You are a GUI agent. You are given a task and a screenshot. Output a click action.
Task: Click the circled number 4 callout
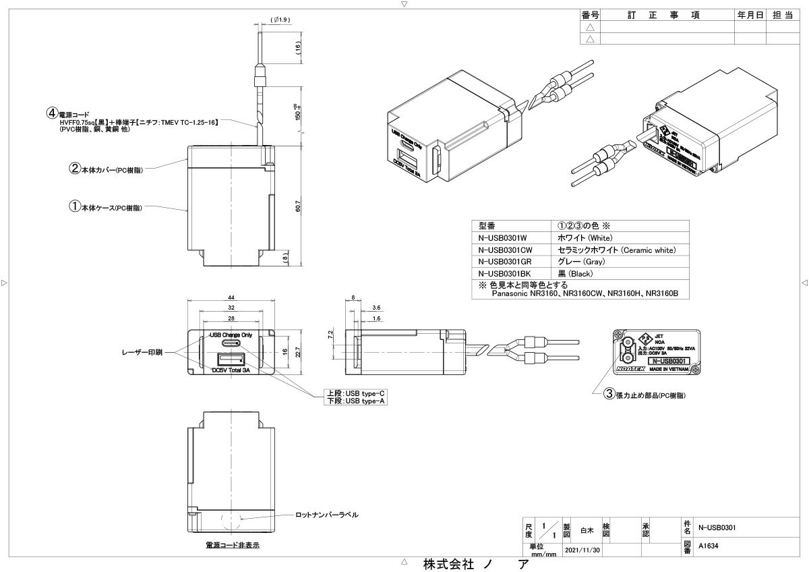click(50, 113)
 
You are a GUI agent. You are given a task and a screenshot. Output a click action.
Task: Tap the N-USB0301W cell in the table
click(502, 237)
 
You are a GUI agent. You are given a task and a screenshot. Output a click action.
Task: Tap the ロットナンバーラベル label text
click(327, 515)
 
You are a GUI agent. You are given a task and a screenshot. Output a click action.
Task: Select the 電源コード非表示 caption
click(233, 544)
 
